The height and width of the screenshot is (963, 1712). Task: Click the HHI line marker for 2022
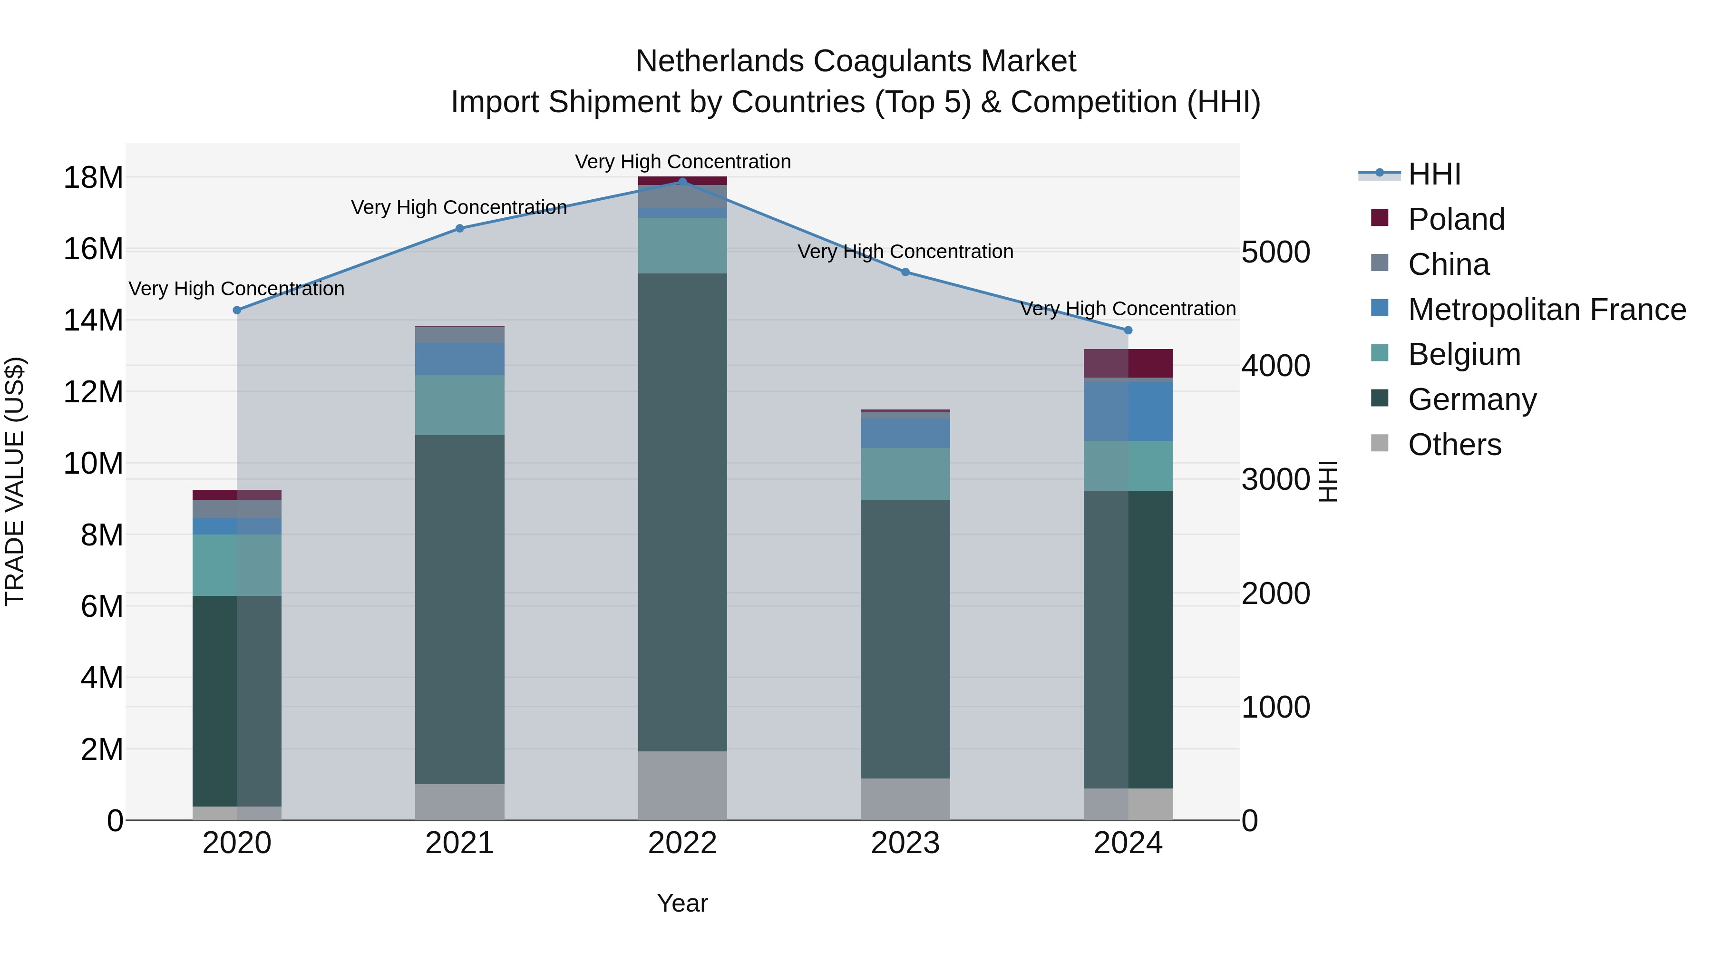tap(682, 182)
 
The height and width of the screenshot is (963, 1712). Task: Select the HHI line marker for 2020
tap(237, 311)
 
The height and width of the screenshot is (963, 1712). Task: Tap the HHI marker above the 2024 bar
tap(1128, 331)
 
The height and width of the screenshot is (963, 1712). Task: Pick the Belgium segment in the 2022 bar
tap(682, 245)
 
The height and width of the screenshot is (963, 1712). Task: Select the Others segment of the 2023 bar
tap(905, 799)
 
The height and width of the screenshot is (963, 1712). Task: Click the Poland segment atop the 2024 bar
tap(1128, 363)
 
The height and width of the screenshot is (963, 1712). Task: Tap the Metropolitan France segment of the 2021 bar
tap(459, 359)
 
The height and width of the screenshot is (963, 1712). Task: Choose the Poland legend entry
tap(1456, 219)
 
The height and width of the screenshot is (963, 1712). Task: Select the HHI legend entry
tap(1433, 174)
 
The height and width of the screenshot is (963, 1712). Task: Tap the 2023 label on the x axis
tap(905, 843)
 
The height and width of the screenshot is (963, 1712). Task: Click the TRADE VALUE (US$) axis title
tap(15, 481)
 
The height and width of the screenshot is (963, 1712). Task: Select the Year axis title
tap(682, 903)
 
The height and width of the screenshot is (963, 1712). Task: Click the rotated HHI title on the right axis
tap(1327, 481)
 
